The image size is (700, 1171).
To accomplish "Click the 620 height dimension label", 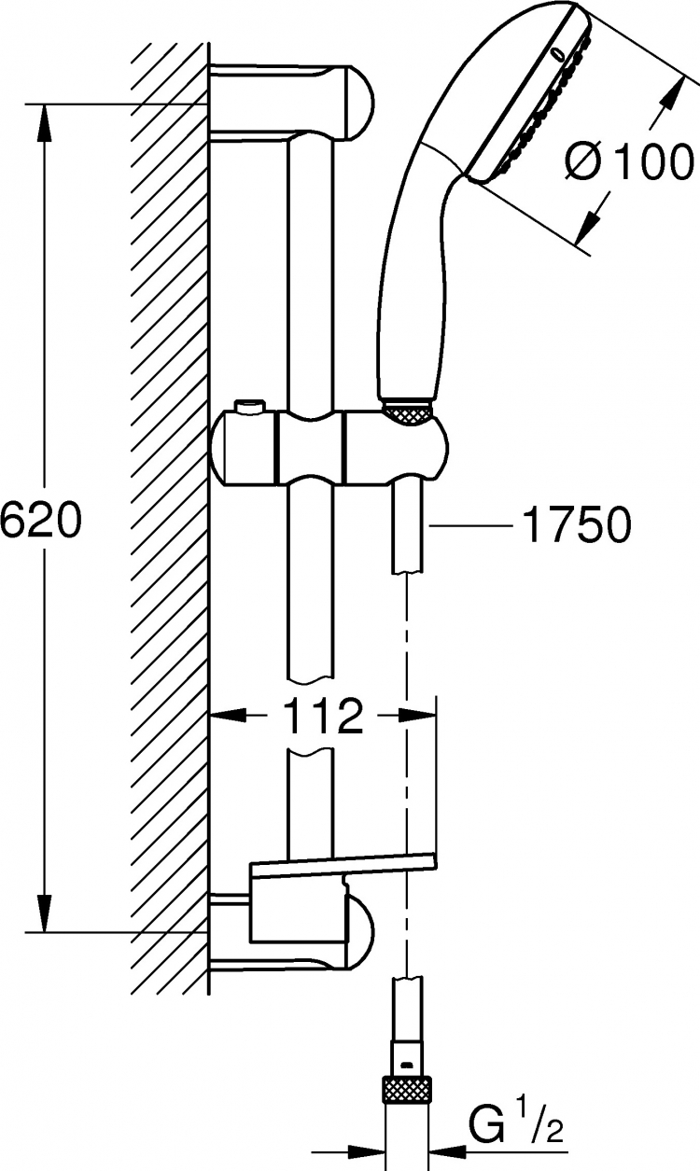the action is pyautogui.click(x=41, y=520).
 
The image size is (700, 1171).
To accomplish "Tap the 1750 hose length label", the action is pyautogui.click(x=577, y=524).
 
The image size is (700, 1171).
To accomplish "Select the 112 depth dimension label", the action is pyautogui.click(x=323, y=717).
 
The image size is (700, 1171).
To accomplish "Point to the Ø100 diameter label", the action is pyautogui.click(x=627, y=163).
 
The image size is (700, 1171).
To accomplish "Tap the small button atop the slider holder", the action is pyautogui.click(x=249, y=406).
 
